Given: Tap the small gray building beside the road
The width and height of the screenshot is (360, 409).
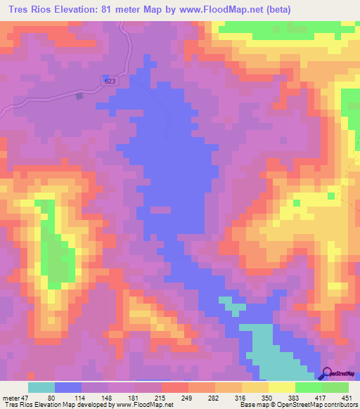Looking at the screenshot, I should pos(79,96).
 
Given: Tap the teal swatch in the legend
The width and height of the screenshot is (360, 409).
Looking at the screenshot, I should pos(41,387).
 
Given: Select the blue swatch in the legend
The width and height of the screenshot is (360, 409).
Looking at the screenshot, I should pos(68,387).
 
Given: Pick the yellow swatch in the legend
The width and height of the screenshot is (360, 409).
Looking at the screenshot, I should pos(281,387).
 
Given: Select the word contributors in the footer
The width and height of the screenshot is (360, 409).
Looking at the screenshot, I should pos(339,405).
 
